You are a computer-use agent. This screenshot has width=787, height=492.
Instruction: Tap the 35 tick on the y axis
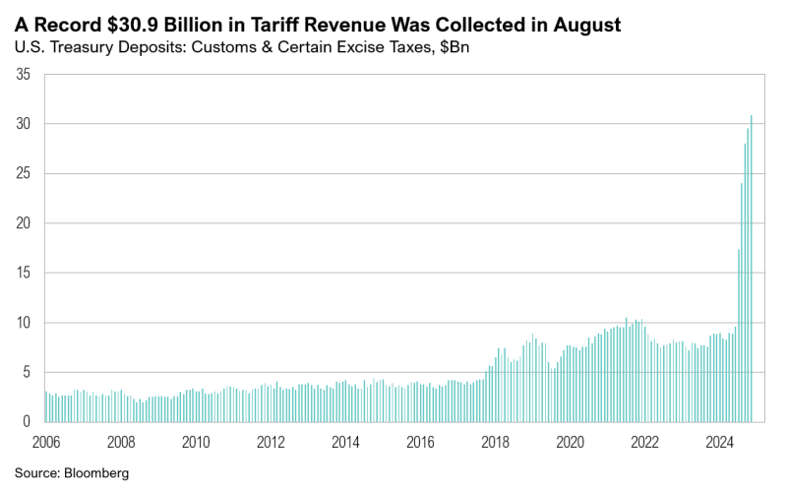24,75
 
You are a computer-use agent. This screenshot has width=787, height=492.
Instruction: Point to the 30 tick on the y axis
24,124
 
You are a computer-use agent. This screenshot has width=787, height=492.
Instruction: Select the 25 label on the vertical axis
24,174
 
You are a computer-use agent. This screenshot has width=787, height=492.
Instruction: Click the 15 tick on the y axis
24,274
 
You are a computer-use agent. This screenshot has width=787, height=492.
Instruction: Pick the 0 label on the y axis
28,421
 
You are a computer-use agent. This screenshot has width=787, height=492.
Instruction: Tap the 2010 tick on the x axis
196,442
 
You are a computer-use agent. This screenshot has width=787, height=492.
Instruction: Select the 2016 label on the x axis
420,442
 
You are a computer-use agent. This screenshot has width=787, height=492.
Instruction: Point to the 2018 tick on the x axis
495,442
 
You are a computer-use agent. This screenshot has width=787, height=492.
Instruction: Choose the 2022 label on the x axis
644,442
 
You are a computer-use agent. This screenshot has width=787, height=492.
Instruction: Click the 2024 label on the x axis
719,442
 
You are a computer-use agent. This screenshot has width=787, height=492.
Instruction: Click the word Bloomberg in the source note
95,473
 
